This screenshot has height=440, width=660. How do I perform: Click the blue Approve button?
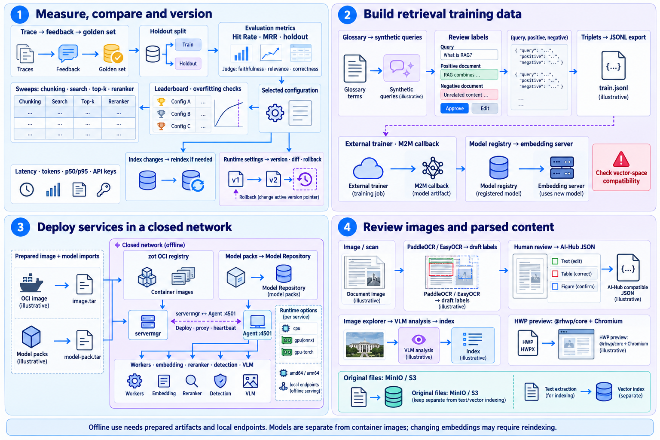pos(454,108)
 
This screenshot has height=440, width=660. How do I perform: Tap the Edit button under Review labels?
pos(485,108)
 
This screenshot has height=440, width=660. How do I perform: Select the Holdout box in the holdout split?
pos(188,63)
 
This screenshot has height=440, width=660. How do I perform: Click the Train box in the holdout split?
pos(188,45)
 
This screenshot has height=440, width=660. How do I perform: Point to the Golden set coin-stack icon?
pos(113,53)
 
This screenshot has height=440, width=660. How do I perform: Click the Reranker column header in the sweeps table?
pos(119,101)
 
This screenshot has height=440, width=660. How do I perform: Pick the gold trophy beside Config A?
pos(161,102)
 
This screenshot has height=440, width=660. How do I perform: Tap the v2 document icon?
pos(273,179)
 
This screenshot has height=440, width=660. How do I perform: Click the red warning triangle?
pos(621,159)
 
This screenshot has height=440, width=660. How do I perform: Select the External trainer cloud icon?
pos(368,168)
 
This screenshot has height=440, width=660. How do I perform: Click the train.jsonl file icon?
pos(613,65)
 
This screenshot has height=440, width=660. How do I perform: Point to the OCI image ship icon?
pos(31,283)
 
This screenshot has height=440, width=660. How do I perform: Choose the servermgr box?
pos(148,325)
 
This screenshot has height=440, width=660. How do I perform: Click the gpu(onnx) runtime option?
pos(299,340)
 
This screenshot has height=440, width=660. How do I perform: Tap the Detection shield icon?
pos(220,381)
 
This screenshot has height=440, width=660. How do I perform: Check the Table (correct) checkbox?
pos(555,274)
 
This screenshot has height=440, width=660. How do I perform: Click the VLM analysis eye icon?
pos(419,339)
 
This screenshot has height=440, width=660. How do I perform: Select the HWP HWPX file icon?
pos(528,343)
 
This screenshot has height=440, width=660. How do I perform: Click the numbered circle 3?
pos(20,227)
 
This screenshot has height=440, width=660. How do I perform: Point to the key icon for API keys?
pos(104,189)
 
